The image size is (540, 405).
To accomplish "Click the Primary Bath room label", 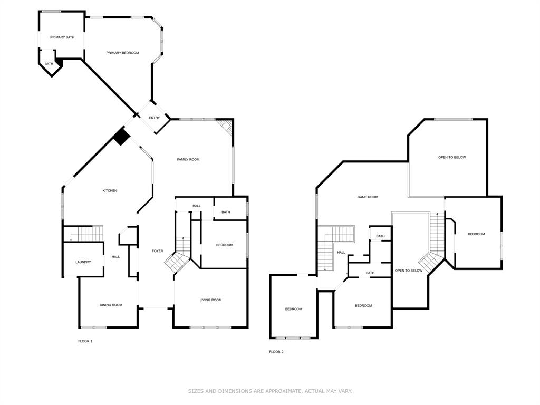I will coord(62,37).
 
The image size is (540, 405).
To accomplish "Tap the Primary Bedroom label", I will coord(122,53).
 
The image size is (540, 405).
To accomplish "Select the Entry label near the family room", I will coord(154,118).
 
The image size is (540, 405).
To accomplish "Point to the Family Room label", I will coord(188,159).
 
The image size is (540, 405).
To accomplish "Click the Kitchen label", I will coord(110,190).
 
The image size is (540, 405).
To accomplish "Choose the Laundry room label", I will coord(83,262).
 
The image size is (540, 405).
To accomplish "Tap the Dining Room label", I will coord(111,305).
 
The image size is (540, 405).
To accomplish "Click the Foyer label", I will coord(157,251).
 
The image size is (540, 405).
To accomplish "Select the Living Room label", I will coord(210,300).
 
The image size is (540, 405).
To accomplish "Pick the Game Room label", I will coord(368,197).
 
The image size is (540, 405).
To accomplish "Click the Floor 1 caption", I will coord(85,341).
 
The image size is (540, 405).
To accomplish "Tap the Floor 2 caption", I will coord(276,352).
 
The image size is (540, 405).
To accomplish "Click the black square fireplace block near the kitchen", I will coord(122,137).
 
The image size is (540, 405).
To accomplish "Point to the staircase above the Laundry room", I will coord(83,233).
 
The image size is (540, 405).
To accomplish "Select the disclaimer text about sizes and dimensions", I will coord(270,391).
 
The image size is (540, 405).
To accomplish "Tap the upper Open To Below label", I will coord(452,157).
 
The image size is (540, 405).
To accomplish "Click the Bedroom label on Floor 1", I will coord(224,245).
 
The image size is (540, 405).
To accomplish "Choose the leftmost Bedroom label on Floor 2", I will coord(294,309).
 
